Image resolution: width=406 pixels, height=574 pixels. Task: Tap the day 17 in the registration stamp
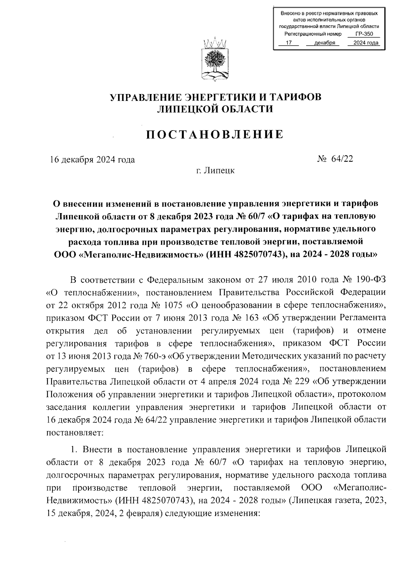[289, 43]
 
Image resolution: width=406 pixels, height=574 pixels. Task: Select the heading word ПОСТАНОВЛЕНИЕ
[215, 135]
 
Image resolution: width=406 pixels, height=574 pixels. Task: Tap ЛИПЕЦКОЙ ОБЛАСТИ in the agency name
[215, 109]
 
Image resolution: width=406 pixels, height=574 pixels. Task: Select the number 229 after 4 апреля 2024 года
[302, 381]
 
